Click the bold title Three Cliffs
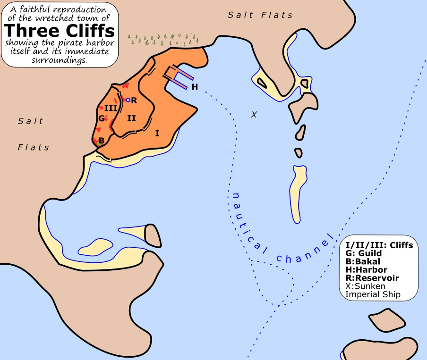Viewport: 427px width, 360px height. click(x=60, y=31)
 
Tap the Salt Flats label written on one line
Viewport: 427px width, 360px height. click(x=260, y=15)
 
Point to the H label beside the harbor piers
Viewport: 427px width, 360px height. click(x=195, y=87)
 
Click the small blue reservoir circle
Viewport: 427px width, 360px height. click(x=128, y=100)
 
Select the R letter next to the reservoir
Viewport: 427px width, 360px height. click(x=134, y=100)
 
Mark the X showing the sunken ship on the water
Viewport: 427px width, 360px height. click(x=254, y=115)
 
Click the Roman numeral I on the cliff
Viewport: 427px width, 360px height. click(x=157, y=133)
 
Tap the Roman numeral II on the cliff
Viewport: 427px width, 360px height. click(x=131, y=118)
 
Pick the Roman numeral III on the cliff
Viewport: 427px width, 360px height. click(x=111, y=108)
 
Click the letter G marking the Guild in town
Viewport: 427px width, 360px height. click(x=101, y=118)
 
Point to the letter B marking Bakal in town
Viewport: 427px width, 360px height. click(x=101, y=141)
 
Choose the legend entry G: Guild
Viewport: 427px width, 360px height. click(x=364, y=253)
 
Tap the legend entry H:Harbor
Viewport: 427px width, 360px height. click(x=367, y=270)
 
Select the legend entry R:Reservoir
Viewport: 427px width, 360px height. click(x=372, y=278)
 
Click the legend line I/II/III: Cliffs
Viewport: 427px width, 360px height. click(x=379, y=245)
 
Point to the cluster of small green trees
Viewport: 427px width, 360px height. click(x=163, y=40)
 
